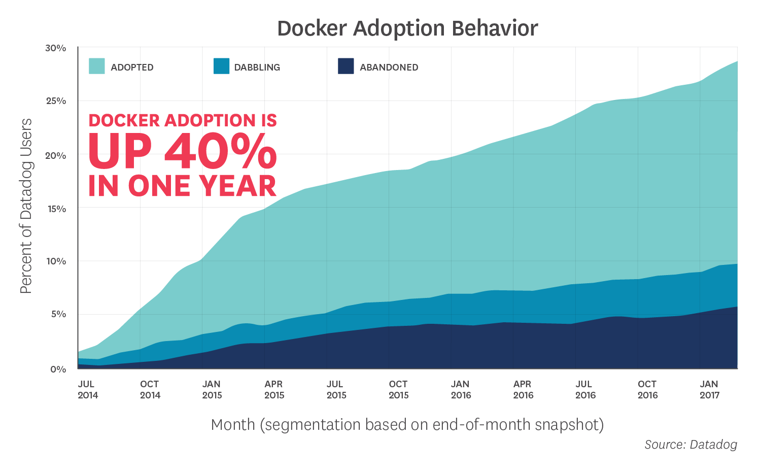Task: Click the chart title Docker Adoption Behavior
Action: (x=407, y=28)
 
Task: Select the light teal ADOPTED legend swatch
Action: (x=97, y=66)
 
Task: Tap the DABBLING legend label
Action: (x=257, y=68)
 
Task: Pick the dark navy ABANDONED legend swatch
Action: (x=345, y=66)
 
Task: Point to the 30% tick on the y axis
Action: (x=56, y=48)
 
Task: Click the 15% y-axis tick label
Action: (x=56, y=209)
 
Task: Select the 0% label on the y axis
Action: (x=58, y=369)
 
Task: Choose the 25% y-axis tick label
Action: (x=56, y=101)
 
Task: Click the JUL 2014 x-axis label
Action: (x=88, y=390)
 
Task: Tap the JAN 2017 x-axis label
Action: (x=709, y=390)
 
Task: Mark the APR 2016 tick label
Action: (x=523, y=390)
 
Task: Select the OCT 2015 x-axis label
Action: (x=399, y=390)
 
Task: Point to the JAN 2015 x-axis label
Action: (x=212, y=390)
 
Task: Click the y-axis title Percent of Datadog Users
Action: (x=26, y=206)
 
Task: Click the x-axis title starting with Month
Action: (x=407, y=424)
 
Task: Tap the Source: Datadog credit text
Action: (x=690, y=445)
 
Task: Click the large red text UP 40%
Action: (x=183, y=152)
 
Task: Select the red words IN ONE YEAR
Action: (x=183, y=186)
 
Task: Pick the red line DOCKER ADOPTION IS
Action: (x=183, y=120)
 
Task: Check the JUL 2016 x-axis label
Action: (x=585, y=390)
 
